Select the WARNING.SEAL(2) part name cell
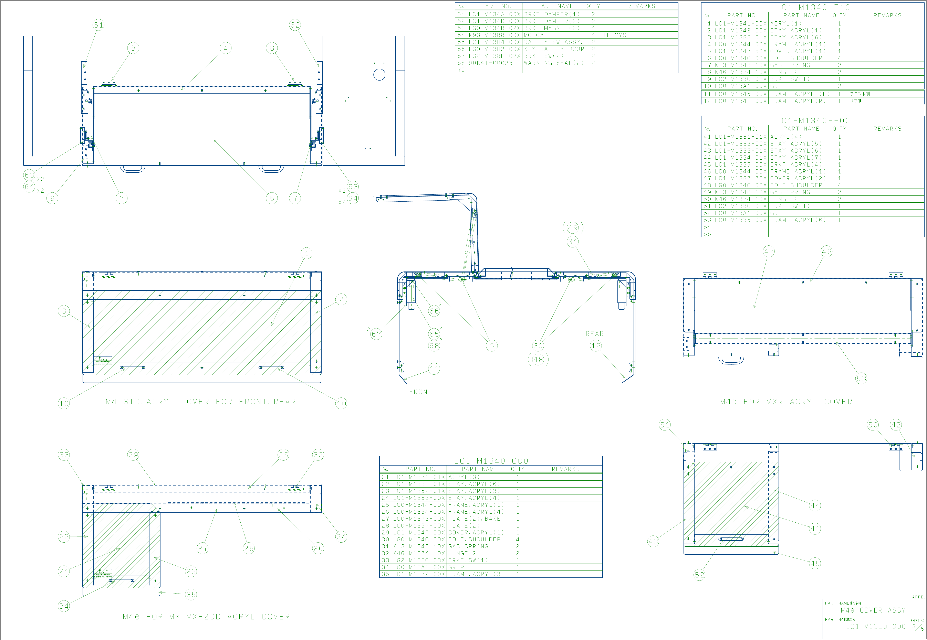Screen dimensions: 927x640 click(x=554, y=63)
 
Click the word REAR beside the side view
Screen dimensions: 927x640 click(x=594, y=334)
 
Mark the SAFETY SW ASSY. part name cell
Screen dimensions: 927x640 click(x=553, y=42)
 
